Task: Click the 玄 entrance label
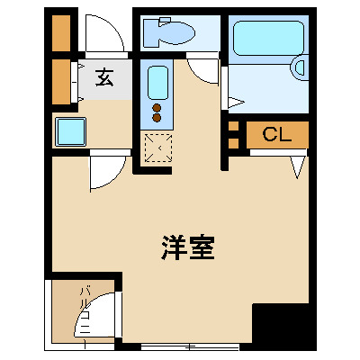(x=104, y=79)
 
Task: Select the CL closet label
(x=276, y=135)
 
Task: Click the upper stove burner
(x=157, y=106)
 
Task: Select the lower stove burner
(x=157, y=117)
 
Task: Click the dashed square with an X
(x=157, y=146)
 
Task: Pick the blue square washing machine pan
(x=70, y=132)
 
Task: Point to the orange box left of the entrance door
(x=61, y=32)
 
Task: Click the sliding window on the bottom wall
(x=189, y=346)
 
